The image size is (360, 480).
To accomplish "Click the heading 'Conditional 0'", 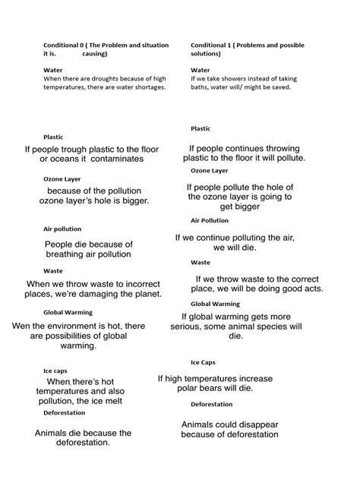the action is pyautogui.click(x=65, y=45).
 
